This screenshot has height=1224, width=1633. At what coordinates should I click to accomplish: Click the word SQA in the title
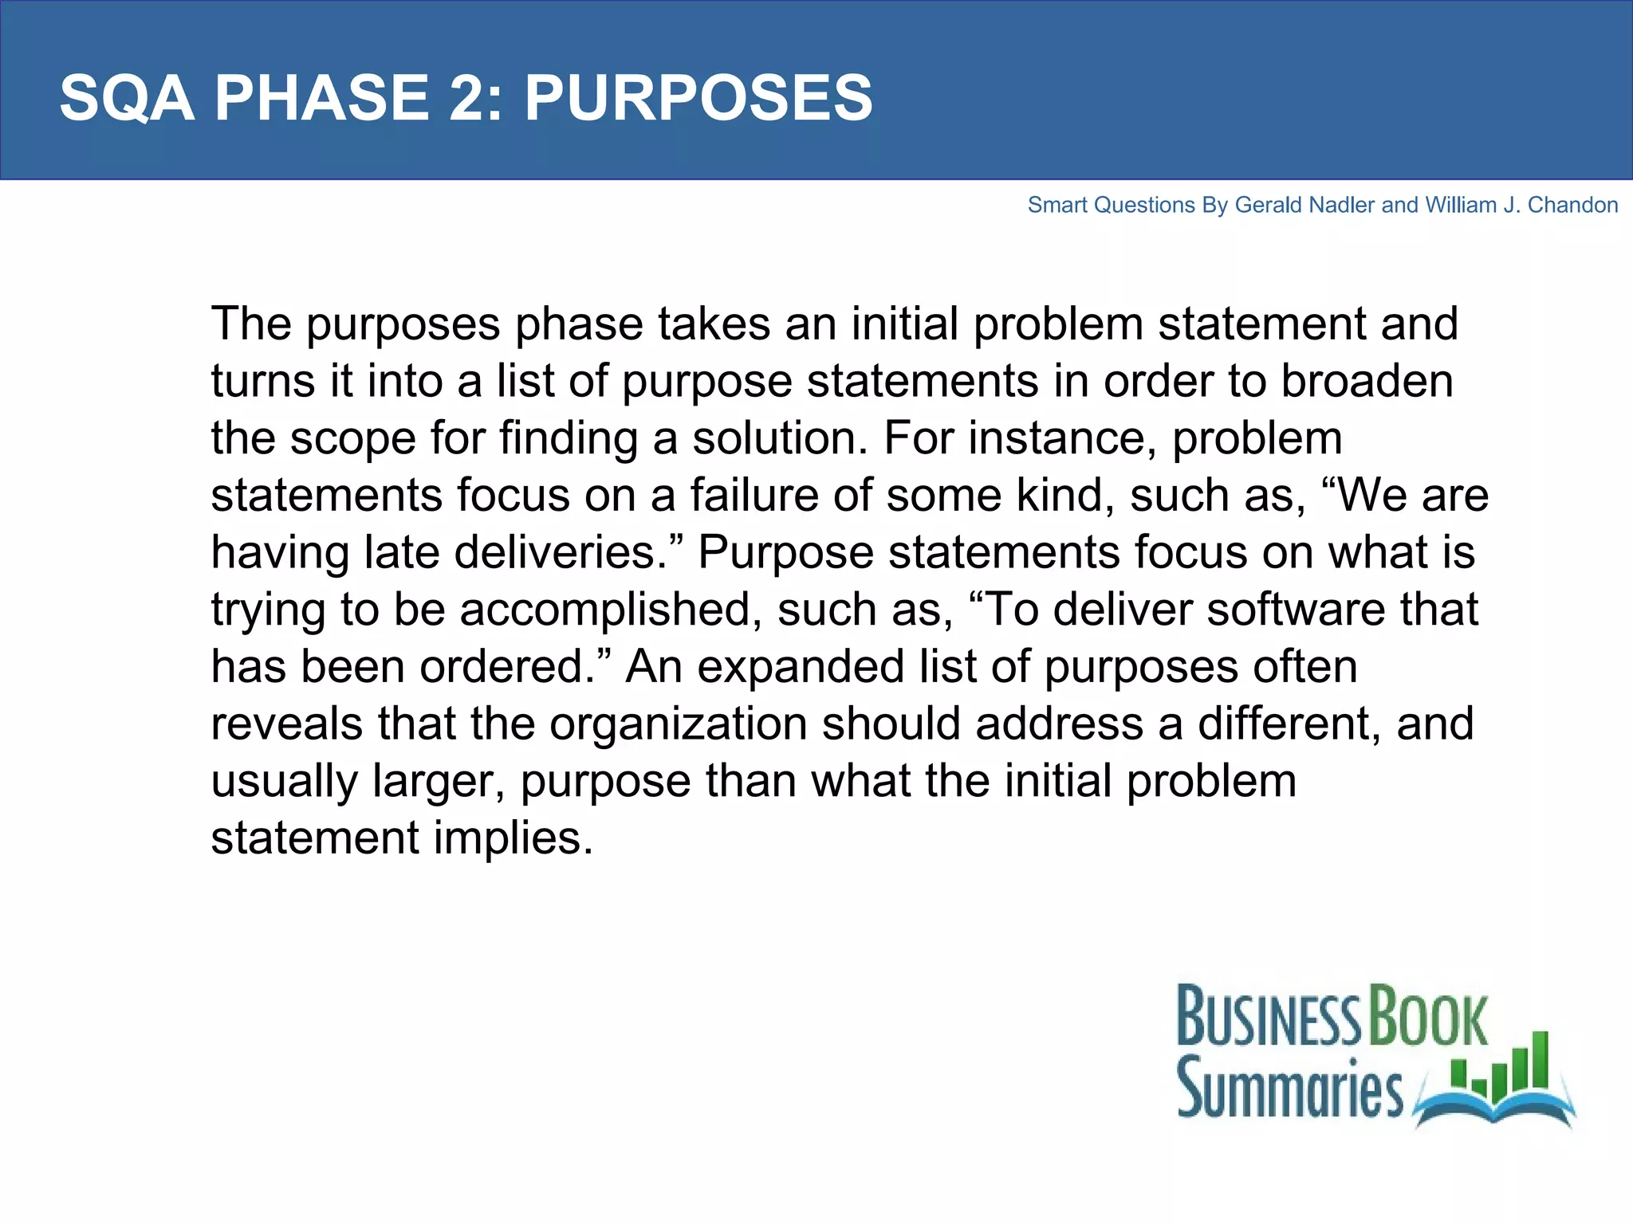click(x=127, y=98)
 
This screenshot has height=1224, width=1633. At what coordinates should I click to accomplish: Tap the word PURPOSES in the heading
click(x=698, y=98)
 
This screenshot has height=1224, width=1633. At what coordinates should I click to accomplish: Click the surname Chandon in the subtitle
click(x=1572, y=206)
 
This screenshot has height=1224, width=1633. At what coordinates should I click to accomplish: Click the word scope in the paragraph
click(x=352, y=438)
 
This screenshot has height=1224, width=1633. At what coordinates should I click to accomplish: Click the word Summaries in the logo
click(x=1289, y=1089)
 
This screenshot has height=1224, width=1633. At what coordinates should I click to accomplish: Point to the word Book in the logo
click(x=1428, y=1017)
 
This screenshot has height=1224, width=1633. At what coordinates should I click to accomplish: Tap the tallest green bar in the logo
click(x=1539, y=1061)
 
